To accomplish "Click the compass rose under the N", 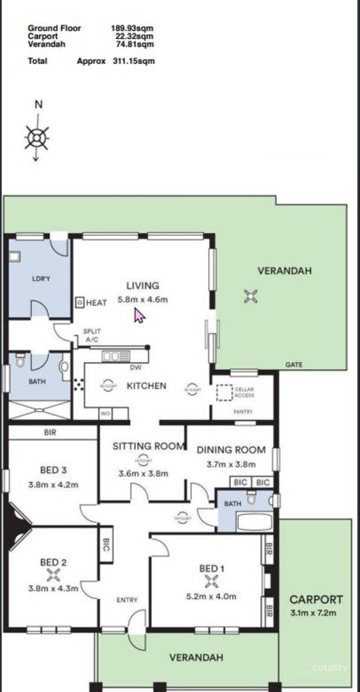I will point(36,138).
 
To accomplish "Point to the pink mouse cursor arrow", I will point(139,315).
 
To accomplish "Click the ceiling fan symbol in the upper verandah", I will point(250,296).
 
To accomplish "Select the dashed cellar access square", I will point(224,393).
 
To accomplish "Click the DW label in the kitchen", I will point(136,367).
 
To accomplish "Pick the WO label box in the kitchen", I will point(106,413).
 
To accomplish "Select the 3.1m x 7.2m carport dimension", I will point(316,612).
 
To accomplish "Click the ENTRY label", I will point(127,600).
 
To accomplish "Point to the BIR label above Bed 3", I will point(50,432).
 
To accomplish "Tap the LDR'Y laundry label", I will point(41,279).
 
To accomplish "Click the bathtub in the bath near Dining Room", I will point(254,521).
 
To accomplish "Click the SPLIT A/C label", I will point(92,336).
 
